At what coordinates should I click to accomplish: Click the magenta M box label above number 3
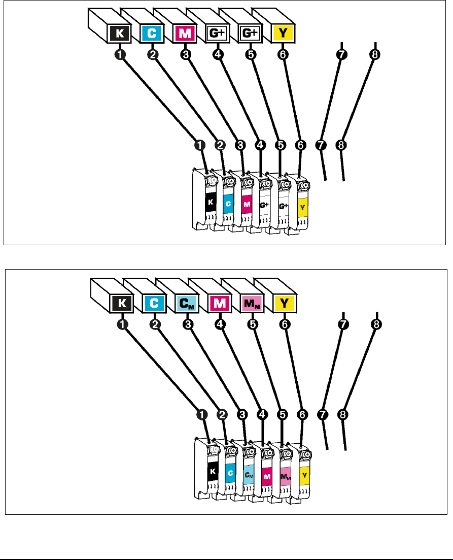(x=185, y=34)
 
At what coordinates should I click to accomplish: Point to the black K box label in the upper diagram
(x=120, y=34)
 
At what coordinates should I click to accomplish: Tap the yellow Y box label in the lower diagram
(x=285, y=304)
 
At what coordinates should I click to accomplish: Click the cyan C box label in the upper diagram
(x=151, y=34)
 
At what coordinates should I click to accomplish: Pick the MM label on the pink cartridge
(x=285, y=476)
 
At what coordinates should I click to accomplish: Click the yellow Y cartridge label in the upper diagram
(x=302, y=207)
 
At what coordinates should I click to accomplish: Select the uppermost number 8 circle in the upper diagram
(x=374, y=55)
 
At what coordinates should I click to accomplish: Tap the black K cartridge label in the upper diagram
(x=211, y=202)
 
